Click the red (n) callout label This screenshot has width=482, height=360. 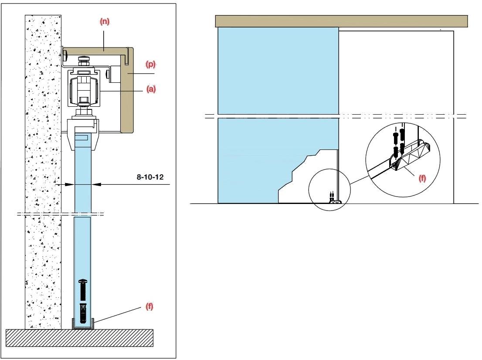click(105, 21)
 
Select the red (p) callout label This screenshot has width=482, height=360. click(151, 64)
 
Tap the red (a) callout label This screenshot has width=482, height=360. click(151, 89)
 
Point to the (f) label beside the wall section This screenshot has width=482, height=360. click(149, 306)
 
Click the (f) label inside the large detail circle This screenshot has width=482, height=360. click(422, 178)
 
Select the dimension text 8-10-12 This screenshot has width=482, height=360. click(150, 177)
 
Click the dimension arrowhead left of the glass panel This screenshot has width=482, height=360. click(70, 184)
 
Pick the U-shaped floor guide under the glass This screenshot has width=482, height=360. click(83, 324)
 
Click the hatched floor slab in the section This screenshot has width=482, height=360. click(80, 338)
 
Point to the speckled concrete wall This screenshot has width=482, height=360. click(43, 172)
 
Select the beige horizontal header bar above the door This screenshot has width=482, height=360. click(342, 21)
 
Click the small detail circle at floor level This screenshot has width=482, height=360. click(329, 190)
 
